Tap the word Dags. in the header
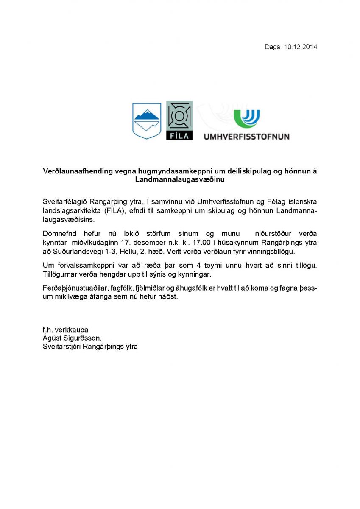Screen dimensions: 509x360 [x=273, y=47]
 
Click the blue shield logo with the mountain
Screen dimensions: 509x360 [x=147, y=120]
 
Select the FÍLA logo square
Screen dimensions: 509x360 [x=179, y=120]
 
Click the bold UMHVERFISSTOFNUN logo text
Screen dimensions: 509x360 [x=246, y=137]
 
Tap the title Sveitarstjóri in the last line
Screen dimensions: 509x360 [x=62, y=346]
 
